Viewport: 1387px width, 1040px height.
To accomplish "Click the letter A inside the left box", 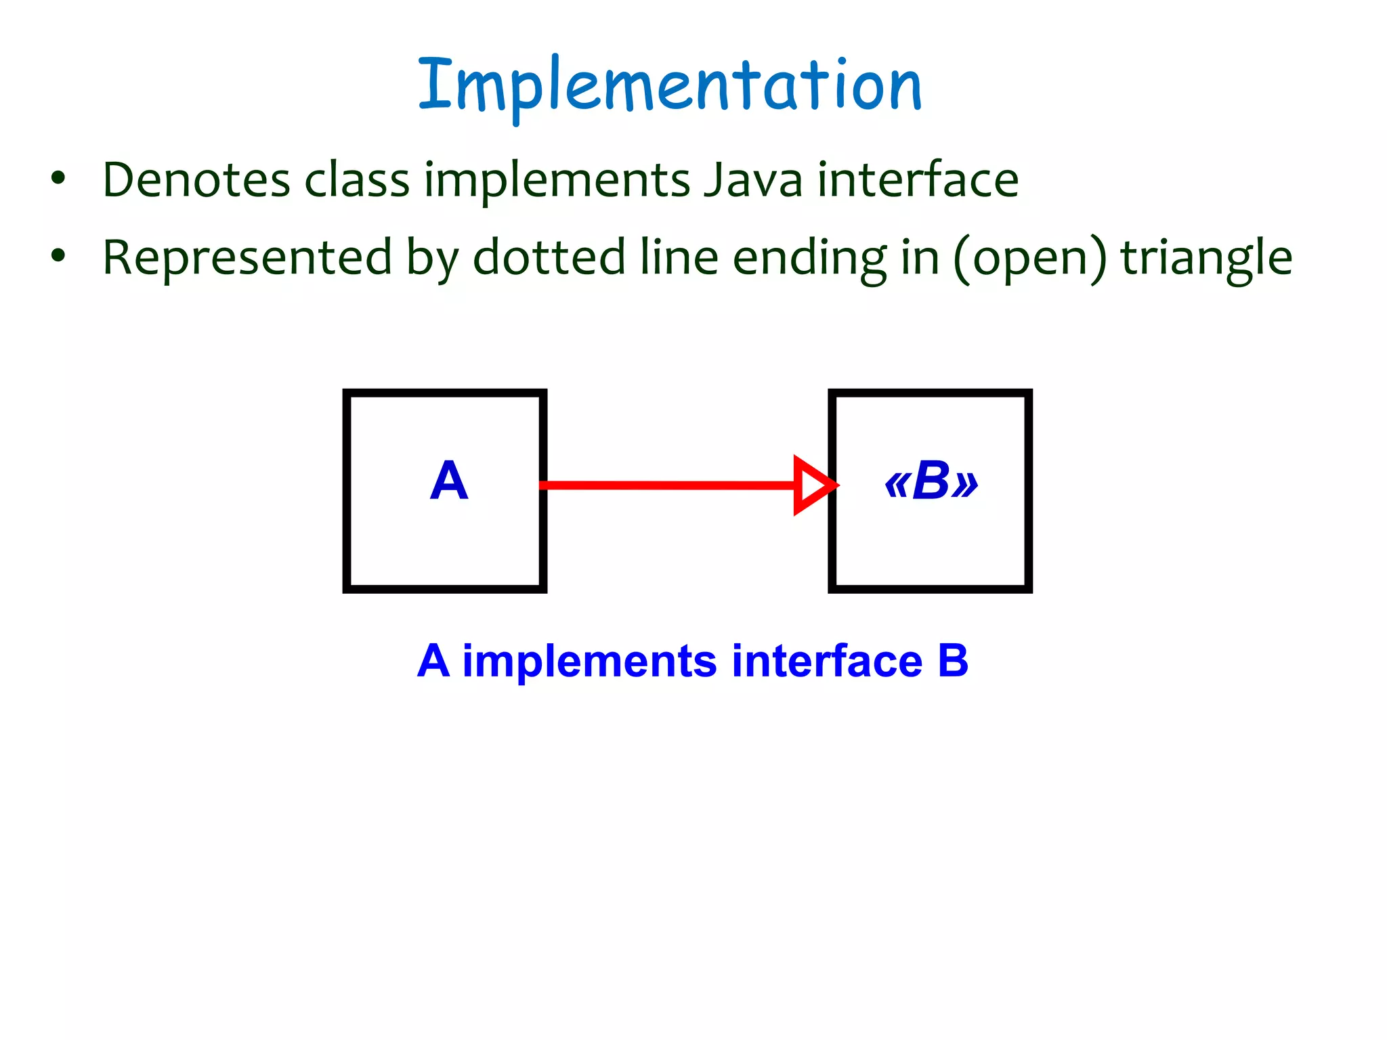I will tap(449, 481).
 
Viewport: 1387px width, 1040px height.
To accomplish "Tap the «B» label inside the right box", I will tap(931, 481).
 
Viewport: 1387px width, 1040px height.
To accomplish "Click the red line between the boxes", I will tap(667, 485).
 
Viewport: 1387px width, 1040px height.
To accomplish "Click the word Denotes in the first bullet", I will tap(196, 180).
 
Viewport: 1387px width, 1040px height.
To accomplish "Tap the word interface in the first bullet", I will tap(918, 180).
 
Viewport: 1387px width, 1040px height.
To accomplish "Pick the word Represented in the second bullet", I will tap(247, 258).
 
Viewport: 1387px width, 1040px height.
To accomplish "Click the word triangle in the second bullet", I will tap(1206, 258).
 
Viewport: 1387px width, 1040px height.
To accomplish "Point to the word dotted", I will tap(549, 258).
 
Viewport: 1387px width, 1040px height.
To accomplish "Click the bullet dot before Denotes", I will tap(59, 179).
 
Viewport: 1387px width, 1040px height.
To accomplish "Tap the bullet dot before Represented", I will tap(59, 256).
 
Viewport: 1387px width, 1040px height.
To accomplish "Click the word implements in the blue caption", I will tap(589, 661).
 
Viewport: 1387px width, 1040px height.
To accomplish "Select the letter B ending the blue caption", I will tap(953, 661).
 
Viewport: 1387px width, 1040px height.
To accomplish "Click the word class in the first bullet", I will tap(357, 180).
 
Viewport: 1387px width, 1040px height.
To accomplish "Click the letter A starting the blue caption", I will tap(433, 661).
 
